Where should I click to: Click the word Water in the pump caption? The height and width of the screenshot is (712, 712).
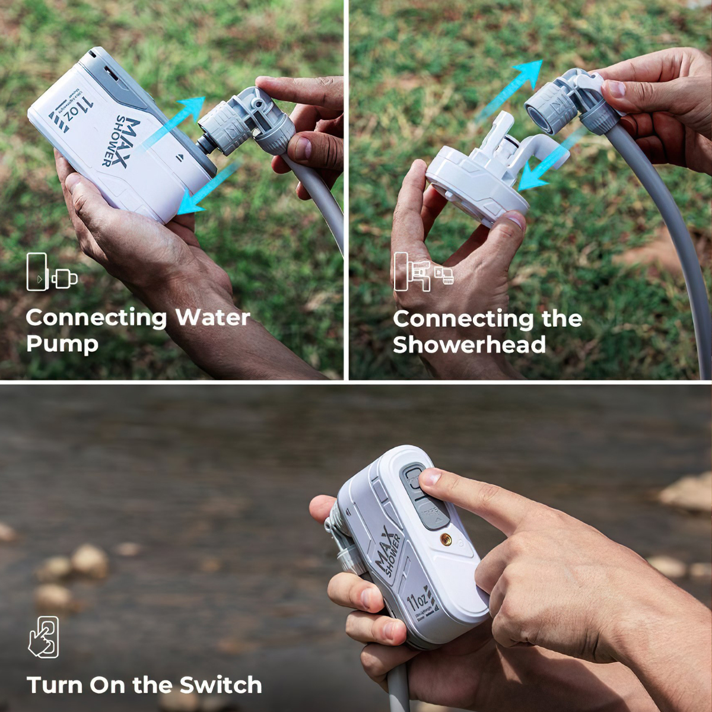(x=212, y=317)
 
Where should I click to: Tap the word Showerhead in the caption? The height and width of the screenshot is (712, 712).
(x=469, y=345)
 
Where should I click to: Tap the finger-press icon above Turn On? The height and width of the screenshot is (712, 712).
(x=44, y=637)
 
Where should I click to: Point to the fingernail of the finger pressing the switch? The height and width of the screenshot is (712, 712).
(x=430, y=476)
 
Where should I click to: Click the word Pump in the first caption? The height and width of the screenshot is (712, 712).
(x=62, y=344)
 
